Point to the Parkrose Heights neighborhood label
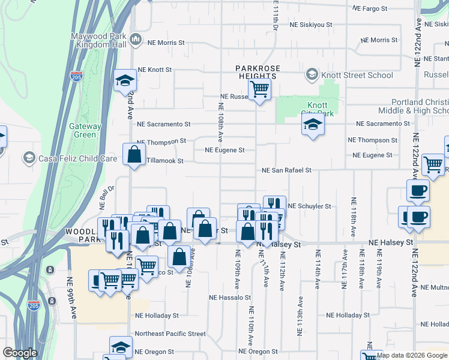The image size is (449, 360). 258,72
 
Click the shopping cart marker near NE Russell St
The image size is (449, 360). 259,90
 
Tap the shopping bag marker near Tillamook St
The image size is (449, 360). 134,155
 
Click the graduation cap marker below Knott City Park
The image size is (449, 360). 313,125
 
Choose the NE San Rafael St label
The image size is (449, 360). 286,170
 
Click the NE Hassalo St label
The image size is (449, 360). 229,298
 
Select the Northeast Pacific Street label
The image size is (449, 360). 170,334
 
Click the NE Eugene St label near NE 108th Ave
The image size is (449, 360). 225,150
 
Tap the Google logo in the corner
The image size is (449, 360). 20,353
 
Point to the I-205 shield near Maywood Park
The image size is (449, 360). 76,77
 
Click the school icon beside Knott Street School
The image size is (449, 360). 312,75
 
